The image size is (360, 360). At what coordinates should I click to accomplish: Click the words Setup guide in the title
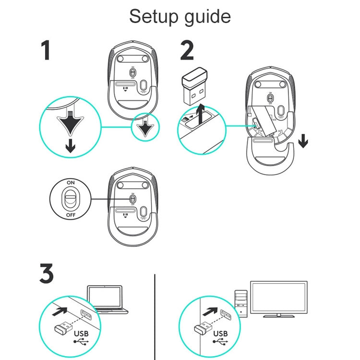(x=180, y=17)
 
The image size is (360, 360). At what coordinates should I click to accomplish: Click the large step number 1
(x=46, y=51)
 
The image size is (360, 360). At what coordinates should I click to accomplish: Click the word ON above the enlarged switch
(x=71, y=183)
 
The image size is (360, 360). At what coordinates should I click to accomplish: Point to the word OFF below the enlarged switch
(x=71, y=215)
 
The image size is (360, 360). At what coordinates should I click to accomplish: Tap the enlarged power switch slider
(x=71, y=199)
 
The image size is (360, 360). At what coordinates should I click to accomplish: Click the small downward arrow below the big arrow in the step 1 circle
(x=70, y=145)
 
